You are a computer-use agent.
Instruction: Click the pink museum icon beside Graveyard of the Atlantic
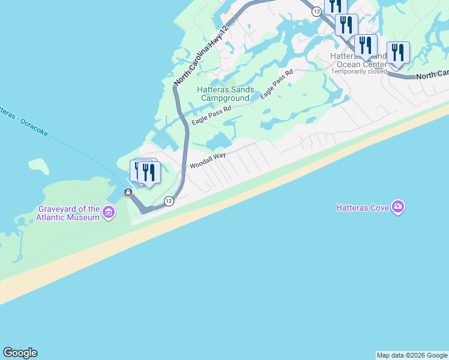109,212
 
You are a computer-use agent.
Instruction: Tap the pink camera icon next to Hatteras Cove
397,208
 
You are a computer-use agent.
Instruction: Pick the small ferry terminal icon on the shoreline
128,192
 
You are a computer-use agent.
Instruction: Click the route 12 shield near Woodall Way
169,202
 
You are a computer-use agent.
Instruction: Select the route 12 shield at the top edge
316,11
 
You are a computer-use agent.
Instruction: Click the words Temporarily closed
359,71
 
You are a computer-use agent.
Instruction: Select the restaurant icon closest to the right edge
398,53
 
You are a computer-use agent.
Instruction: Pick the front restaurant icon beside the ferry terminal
148,173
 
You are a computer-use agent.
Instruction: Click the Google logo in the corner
20,353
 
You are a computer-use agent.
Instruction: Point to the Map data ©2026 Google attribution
412,355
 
